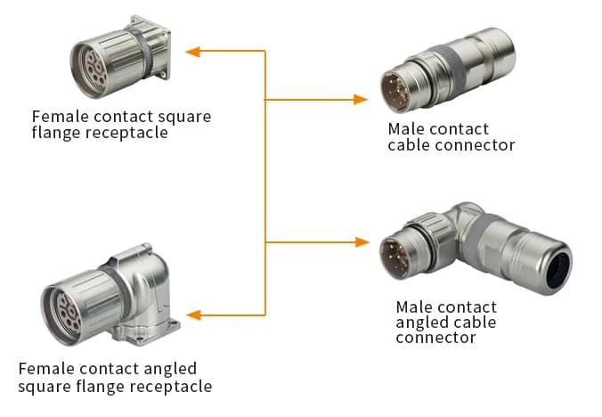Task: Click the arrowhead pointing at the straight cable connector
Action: [361, 99]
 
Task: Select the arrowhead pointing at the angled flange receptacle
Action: [193, 315]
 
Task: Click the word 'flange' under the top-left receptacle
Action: [55, 134]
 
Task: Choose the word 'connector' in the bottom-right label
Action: [435, 338]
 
